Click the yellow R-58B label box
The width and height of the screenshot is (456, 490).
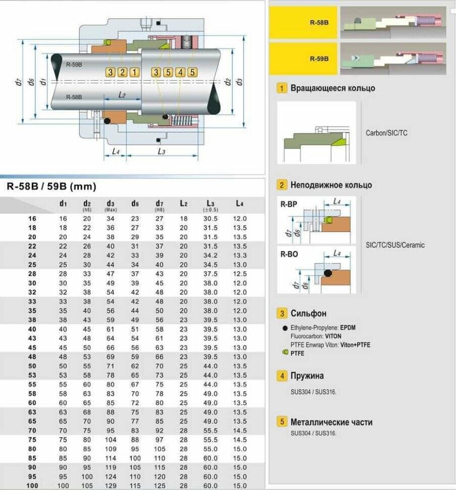(x=303, y=23)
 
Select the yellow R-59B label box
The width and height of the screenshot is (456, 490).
(x=303, y=59)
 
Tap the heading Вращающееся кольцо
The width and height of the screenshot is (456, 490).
(x=333, y=88)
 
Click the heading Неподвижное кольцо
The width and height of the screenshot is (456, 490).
(x=331, y=185)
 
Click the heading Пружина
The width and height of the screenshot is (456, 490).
(x=307, y=375)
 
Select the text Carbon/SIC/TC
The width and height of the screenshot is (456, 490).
(x=386, y=133)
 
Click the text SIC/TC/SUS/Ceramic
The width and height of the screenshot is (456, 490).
(x=395, y=245)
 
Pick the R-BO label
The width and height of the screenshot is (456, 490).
(x=289, y=254)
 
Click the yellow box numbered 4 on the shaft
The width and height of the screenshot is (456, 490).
(x=180, y=72)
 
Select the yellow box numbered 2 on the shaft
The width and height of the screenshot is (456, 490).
(x=122, y=72)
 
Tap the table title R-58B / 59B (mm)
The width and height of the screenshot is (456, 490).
(x=51, y=186)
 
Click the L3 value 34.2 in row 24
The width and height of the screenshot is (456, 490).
(x=210, y=256)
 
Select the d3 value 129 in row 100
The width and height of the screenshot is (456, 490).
(x=111, y=485)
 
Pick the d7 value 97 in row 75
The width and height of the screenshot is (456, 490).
(x=160, y=439)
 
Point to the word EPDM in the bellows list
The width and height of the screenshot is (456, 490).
(x=347, y=327)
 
